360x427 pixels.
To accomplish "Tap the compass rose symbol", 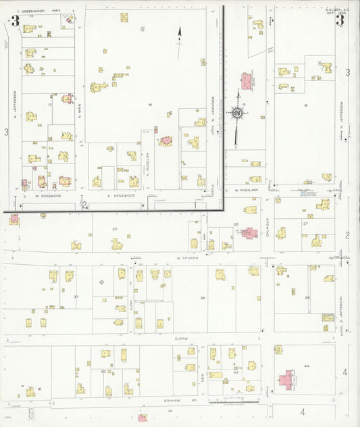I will click(x=238, y=113).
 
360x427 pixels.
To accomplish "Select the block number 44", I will click(x=306, y=366).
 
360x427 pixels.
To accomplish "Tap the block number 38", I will click(x=202, y=297).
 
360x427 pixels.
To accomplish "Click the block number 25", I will click(x=115, y=230).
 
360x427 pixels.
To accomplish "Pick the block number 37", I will click(x=76, y=297).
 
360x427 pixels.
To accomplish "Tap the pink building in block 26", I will click(x=249, y=233).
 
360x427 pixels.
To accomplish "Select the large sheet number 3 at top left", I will click(x=15, y=20).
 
